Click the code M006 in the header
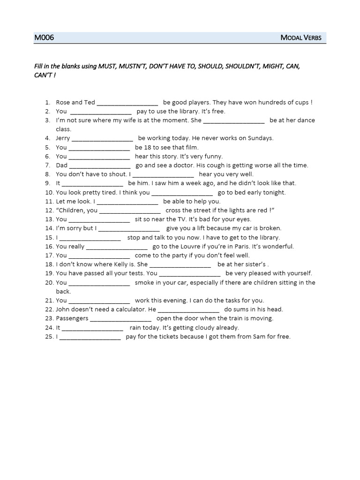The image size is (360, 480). click(x=44, y=37)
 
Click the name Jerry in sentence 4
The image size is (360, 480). click(x=63, y=138)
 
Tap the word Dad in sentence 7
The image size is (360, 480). click(x=61, y=165)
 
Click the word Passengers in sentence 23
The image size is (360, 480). click(x=72, y=319)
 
